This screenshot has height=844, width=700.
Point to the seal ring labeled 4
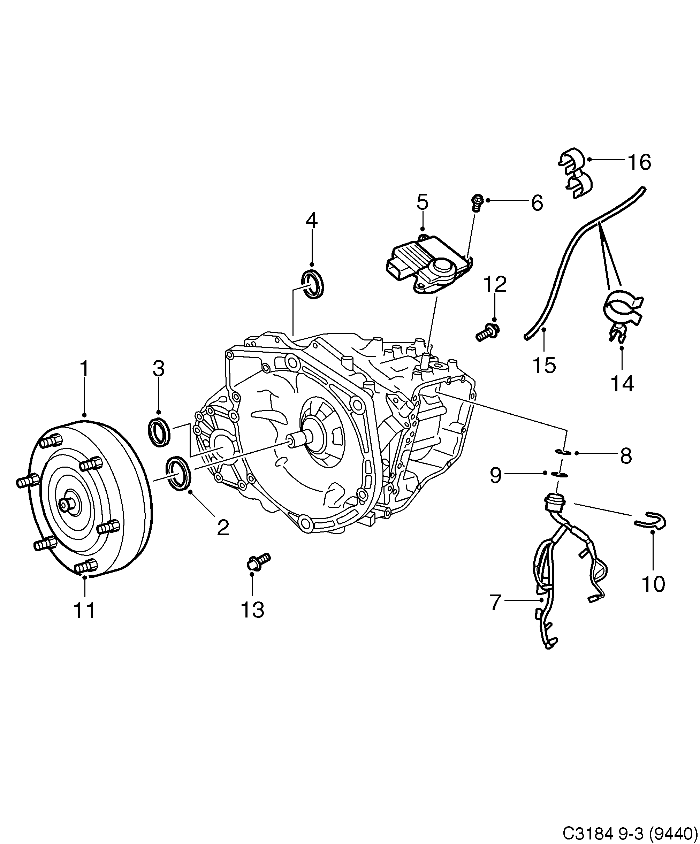point(312,285)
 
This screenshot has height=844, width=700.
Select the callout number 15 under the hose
point(544,365)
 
